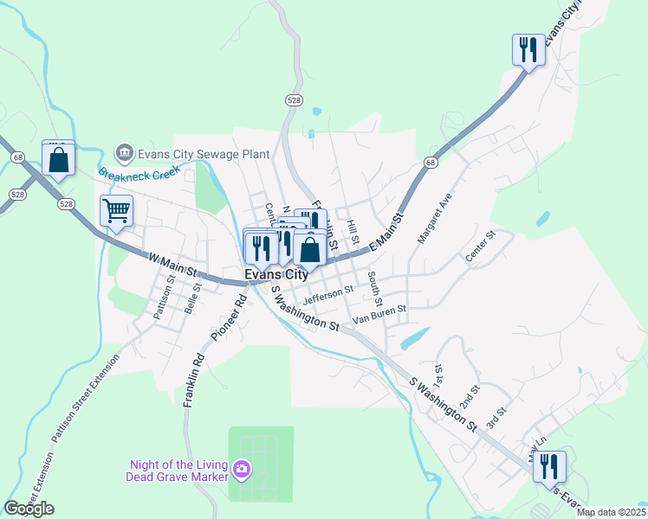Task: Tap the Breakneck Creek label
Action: coord(138,172)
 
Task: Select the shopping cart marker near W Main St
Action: coord(116,210)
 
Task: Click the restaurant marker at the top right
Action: coord(528,49)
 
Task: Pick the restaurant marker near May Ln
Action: coord(549,467)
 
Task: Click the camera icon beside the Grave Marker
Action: coord(242,470)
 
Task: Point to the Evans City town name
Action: coord(275,274)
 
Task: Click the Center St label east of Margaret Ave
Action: coord(479,246)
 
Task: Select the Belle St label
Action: coord(193,298)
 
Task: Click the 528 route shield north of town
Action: coord(295,101)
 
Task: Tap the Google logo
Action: coord(29,509)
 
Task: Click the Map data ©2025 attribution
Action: coord(610,512)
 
